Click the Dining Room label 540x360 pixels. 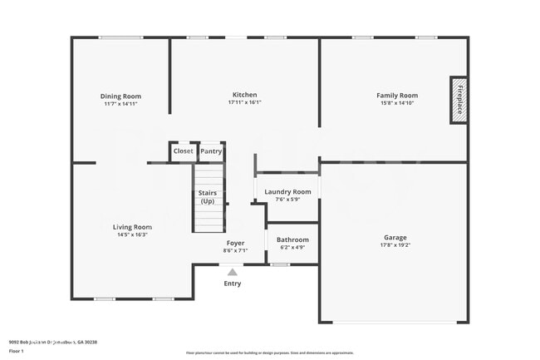point(120,96)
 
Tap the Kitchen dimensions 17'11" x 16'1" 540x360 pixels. point(244,103)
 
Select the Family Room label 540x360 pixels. point(397,96)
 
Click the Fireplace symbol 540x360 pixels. point(459,101)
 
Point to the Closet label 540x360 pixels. point(183,151)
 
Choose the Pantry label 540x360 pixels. point(211,151)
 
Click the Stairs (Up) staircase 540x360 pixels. point(209,200)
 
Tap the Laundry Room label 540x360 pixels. point(287,192)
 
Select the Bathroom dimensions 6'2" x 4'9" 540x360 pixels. point(292,247)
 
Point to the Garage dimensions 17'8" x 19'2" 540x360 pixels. point(395,244)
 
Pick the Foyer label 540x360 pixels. point(235,243)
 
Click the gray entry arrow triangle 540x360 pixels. point(233,272)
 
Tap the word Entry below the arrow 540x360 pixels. point(233,284)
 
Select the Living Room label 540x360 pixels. point(132,227)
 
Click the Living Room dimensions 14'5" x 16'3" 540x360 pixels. point(132,235)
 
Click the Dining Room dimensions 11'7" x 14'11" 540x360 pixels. point(120,104)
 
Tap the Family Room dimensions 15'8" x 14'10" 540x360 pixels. point(397,103)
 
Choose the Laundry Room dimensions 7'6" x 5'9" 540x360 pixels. point(287,200)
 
